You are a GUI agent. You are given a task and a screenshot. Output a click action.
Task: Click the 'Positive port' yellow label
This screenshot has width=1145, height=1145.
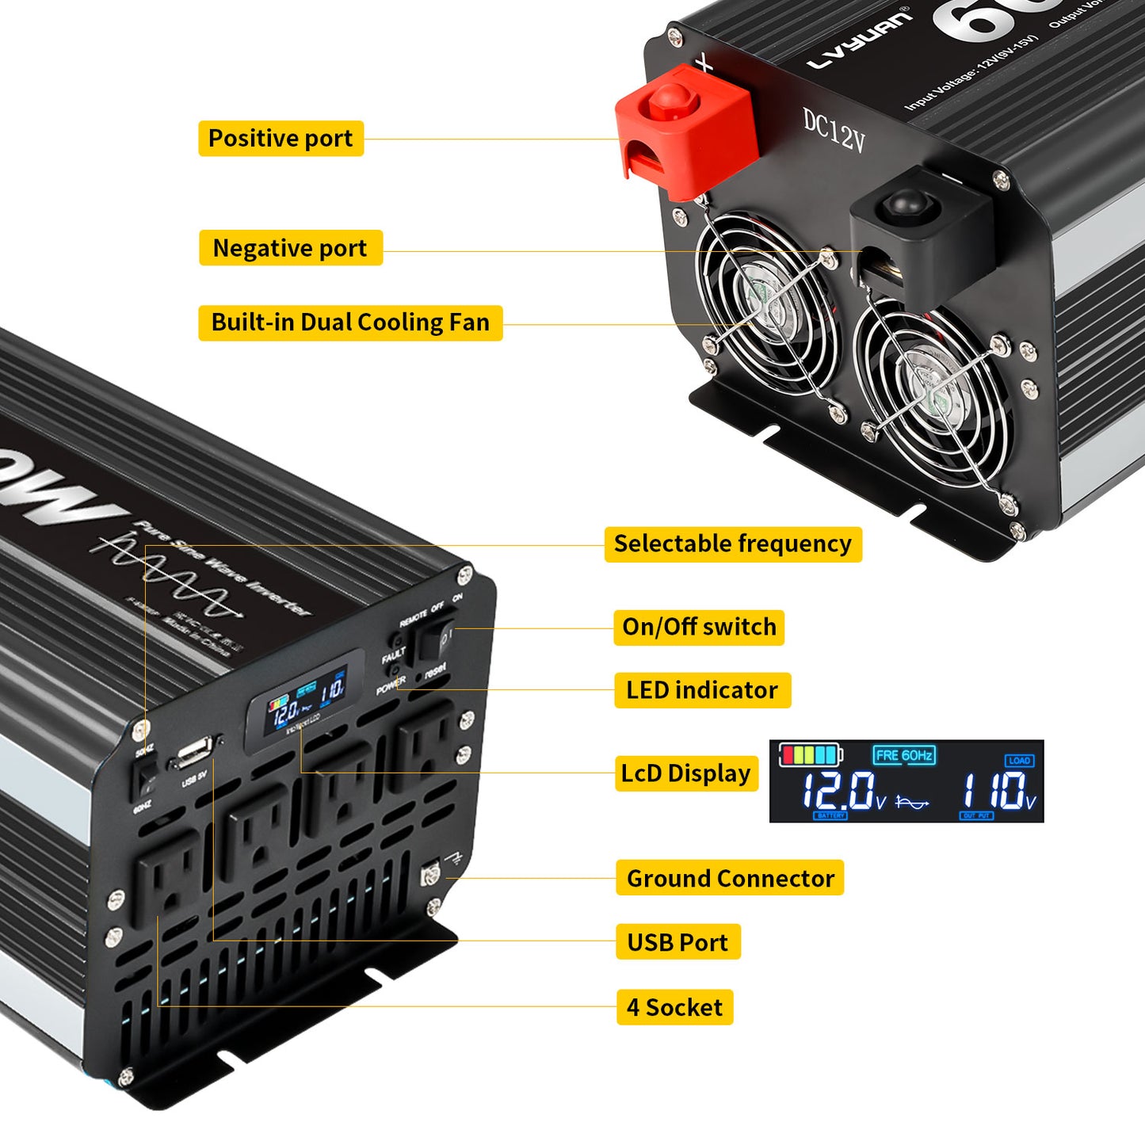281,139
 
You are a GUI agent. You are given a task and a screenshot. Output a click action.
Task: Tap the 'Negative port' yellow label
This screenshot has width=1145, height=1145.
290,248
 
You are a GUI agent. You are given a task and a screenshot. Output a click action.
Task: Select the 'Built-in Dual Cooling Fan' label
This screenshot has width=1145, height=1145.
350,323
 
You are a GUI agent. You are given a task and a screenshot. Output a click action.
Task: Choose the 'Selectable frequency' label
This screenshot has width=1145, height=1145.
732,544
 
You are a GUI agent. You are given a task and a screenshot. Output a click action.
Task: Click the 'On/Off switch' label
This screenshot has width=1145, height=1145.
699,627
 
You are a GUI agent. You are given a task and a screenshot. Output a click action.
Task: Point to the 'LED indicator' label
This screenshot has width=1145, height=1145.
702,690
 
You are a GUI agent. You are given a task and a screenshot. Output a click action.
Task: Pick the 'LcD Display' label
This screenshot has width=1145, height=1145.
685,773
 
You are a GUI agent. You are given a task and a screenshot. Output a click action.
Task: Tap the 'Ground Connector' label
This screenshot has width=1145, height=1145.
730,879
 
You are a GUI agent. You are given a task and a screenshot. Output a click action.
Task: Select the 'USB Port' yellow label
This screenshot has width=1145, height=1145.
677,942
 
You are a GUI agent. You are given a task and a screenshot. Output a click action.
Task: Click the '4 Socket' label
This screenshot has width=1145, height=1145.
674,1007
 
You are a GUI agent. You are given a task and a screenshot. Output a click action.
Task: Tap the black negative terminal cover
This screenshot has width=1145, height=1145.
919,230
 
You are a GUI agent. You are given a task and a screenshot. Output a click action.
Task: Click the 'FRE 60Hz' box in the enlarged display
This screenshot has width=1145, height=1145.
904,755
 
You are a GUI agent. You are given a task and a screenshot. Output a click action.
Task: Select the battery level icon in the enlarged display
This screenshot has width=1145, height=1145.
810,754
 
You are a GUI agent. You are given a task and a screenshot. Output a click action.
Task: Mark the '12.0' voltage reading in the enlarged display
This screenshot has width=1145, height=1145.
838,791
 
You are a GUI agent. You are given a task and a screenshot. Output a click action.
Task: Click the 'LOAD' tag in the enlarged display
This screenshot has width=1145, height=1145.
1019,761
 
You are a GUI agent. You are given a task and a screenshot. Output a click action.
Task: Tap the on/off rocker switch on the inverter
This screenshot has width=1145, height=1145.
437,639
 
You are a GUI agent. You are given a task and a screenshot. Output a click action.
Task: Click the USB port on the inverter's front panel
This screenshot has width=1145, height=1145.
193,753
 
